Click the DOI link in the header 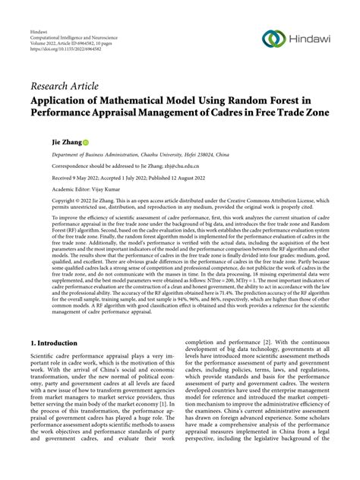click(64, 46)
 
